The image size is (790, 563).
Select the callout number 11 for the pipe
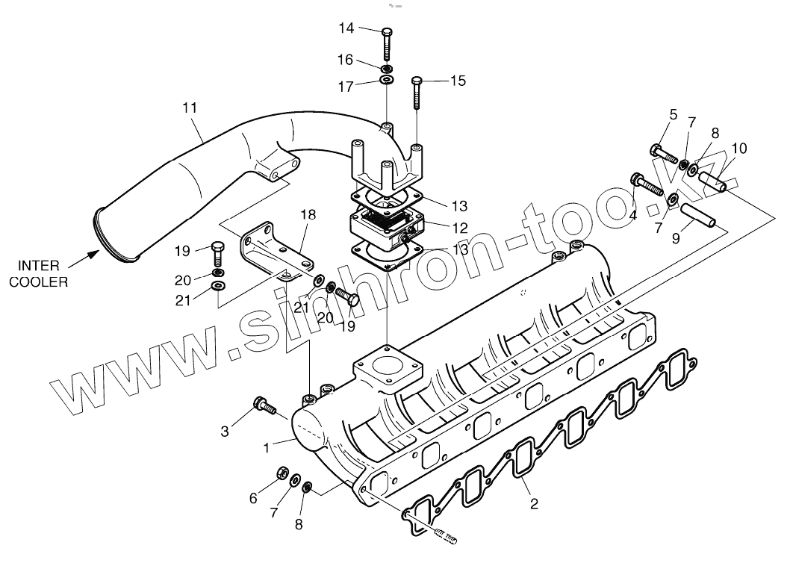tap(190, 108)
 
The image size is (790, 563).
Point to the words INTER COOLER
tap(43, 274)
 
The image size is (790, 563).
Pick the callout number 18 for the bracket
tap(308, 214)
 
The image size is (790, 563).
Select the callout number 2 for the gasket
tap(534, 503)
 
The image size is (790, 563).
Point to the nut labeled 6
tap(284, 473)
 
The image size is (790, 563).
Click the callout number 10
tap(738, 149)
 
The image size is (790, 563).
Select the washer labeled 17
tap(387, 79)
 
